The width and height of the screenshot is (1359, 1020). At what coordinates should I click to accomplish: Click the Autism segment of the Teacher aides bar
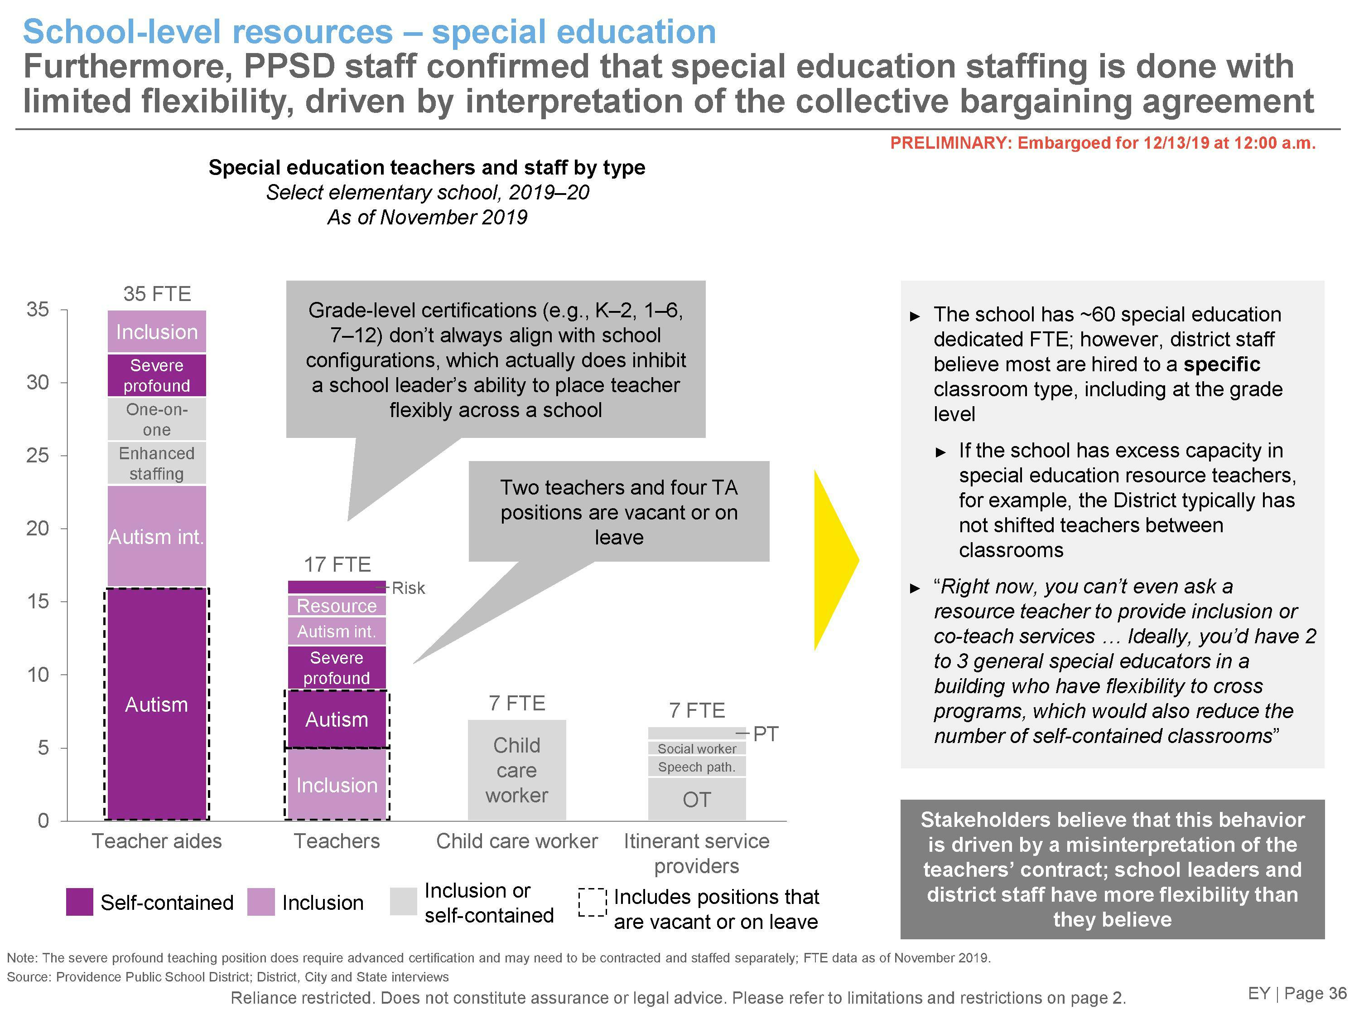157,704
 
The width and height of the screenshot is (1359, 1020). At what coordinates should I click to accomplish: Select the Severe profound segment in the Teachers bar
337,668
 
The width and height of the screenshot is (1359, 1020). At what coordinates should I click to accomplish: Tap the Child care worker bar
517,770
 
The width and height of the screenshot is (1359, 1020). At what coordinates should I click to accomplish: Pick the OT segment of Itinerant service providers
697,799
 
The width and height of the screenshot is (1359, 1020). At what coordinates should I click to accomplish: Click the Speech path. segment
697,767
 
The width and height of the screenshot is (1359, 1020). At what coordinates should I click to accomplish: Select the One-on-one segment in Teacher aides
157,419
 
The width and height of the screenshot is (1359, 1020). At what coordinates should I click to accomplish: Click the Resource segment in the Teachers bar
337,606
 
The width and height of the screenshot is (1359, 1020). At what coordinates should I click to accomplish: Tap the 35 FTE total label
157,294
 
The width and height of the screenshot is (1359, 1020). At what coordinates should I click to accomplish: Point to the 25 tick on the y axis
38,456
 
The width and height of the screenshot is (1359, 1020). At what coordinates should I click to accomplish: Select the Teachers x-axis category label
337,841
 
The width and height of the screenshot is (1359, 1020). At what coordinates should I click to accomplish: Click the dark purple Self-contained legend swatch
79,902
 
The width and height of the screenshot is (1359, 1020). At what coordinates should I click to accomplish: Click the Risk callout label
409,588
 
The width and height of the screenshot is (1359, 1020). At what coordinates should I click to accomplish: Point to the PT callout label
766,733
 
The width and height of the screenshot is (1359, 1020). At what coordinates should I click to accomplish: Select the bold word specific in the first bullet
1221,364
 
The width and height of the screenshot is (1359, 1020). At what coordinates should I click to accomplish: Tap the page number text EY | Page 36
1297,994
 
